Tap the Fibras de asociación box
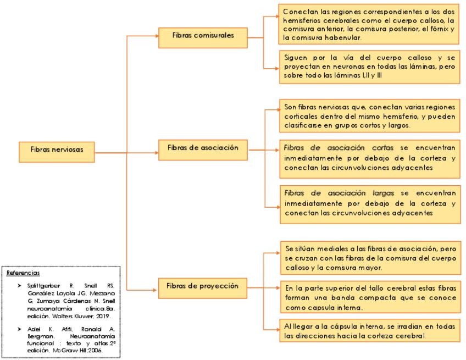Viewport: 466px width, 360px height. pyautogui.click(x=202, y=148)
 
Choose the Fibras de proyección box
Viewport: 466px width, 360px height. pyautogui.click(x=202, y=287)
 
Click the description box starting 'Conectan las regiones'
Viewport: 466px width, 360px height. pyautogui.click(x=369, y=25)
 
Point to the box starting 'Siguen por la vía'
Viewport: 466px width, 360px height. pyautogui.click(x=369, y=67)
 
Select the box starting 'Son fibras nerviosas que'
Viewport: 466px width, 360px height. pyautogui.click(x=369, y=116)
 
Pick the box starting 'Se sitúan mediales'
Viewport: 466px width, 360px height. pyautogui.click(x=369, y=257)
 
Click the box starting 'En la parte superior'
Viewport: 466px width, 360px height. pyautogui.click(x=369, y=297)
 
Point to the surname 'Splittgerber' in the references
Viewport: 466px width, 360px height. pyautogui.click(x=43, y=286)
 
